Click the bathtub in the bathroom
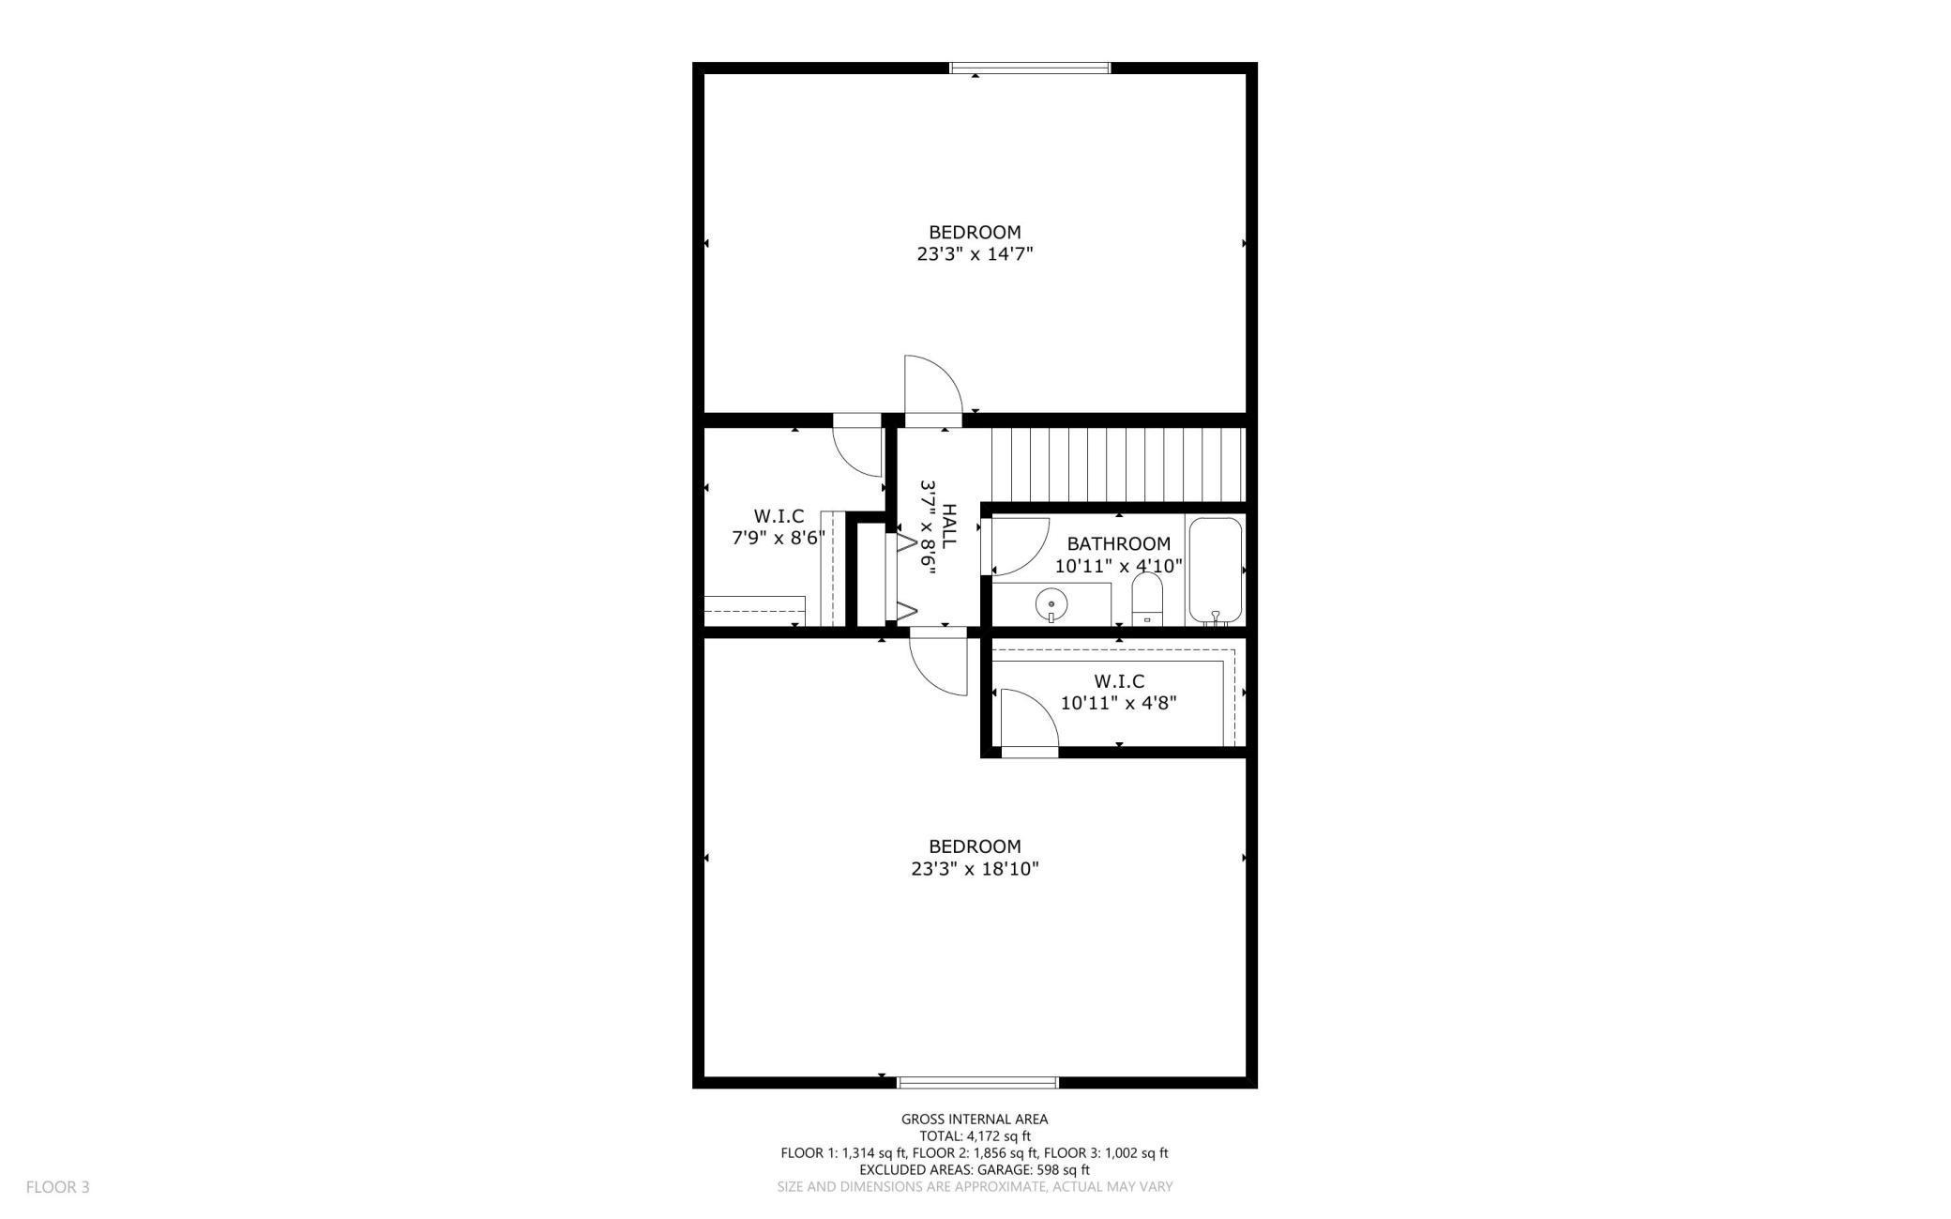1216,570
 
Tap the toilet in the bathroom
1146,598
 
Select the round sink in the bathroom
1051,604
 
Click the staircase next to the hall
1117,465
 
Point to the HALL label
949,526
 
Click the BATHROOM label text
1118,543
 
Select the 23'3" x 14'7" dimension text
975,254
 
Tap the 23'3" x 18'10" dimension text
975,869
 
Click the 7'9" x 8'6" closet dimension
779,539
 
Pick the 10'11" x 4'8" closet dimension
1118,703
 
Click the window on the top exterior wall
1030,68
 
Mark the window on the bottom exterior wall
977,1082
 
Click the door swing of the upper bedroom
932,385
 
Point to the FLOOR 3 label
57,1187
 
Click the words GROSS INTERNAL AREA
975,1119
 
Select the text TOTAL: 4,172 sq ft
975,1135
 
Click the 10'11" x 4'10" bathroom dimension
1118,567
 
